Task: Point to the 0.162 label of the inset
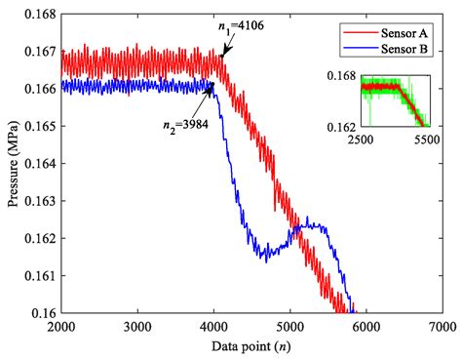click(345, 127)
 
